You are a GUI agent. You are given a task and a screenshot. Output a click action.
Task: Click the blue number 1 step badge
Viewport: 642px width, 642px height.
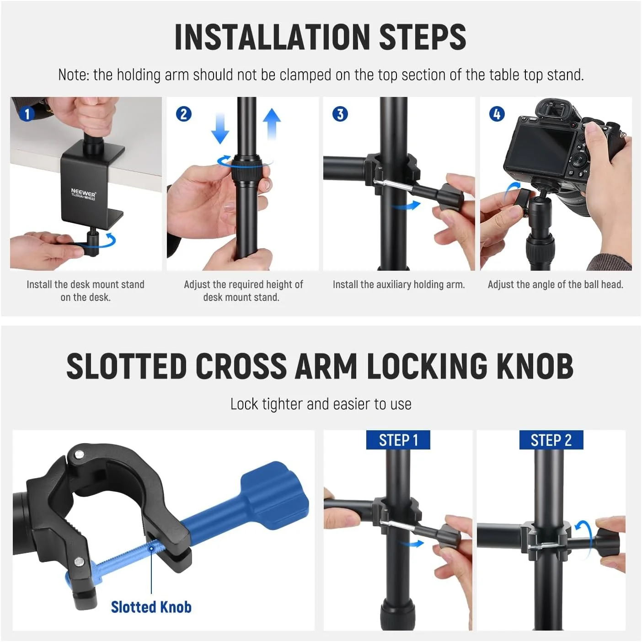(x=27, y=114)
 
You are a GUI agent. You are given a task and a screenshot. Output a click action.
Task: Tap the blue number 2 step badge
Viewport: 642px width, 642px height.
(x=183, y=114)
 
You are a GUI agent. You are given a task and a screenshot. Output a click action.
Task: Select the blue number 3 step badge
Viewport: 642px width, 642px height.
(x=340, y=114)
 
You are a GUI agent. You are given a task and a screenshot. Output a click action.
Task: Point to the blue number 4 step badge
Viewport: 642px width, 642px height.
(x=497, y=114)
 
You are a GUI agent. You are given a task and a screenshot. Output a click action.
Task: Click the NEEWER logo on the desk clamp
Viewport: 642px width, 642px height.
(x=83, y=193)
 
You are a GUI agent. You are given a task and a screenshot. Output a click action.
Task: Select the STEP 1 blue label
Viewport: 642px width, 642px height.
(x=398, y=440)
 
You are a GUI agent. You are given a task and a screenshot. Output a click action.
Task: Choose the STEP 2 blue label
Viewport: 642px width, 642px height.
(x=551, y=440)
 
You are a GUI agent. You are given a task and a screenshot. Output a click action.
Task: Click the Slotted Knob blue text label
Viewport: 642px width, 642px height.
(x=151, y=607)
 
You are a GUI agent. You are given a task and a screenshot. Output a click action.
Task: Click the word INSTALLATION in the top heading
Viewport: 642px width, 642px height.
(x=272, y=37)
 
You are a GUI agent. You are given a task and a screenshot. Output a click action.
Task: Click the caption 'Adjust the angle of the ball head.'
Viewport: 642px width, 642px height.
(x=556, y=284)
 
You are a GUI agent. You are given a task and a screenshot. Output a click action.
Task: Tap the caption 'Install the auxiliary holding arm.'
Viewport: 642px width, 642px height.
(x=399, y=284)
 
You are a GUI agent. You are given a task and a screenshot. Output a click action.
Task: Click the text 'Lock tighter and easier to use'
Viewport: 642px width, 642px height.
(x=321, y=404)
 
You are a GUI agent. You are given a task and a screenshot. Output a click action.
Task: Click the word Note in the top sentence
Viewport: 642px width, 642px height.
(x=73, y=75)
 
